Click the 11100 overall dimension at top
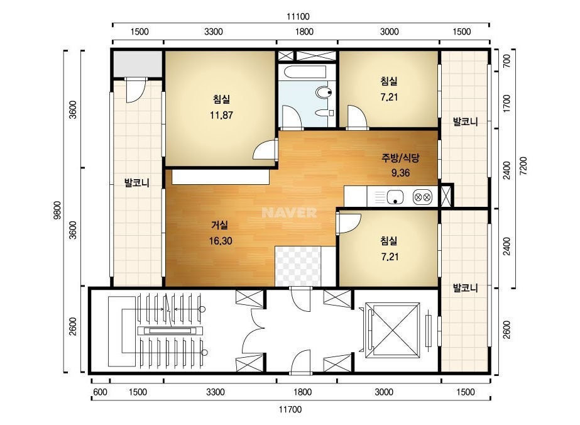click(x=298, y=16)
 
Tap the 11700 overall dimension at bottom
click(x=290, y=409)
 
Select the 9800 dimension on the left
click(x=57, y=210)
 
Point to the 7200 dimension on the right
click(x=523, y=166)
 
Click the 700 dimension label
click(x=506, y=61)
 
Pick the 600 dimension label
click(x=100, y=392)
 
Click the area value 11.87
click(x=221, y=115)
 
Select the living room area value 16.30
click(x=221, y=241)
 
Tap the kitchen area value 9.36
click(x=401, y=172)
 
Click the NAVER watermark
click(x=289, y=213)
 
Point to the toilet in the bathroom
click(x=324, y=92)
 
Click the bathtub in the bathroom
click(x=303, y=72)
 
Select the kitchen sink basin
click(x=395, y=197)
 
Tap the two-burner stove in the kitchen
click(x=423, y=197)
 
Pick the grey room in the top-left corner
click(x=138, y=63)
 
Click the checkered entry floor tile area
click(x=298, y=266)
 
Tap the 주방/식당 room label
click(x=401, y=158)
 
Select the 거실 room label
click(x=220, y=225)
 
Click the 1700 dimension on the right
click(x=506, y=104)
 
